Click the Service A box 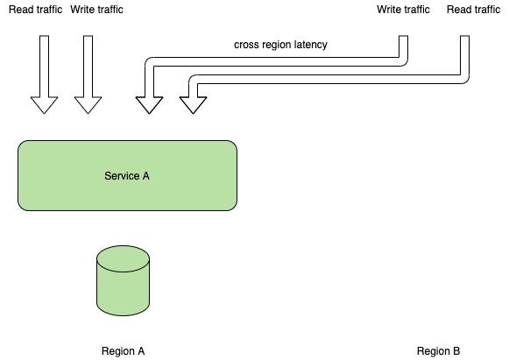(x=127, y=175)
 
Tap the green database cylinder (x=123, y=280)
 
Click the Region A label (x=123, y=351)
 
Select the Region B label (x=438, y=351)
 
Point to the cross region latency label (x=280, y=45)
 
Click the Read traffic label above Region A (x=35, y=10)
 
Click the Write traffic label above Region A (x=96, y=10)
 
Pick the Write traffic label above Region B (x=403, y=10)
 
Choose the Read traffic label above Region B (x=473, y=10)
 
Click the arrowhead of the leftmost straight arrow (x=44, y=105)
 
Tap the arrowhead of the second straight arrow (x=88, y=105)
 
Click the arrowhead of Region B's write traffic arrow (x=149, y=105)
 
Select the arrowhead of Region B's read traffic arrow (x=193, y=105)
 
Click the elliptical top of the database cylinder (x=123, y=258)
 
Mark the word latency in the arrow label (x=310, y=45)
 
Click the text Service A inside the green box (x=127, y=175)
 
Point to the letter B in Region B (x=456, y=351)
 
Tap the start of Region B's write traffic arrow (x=403, y=37)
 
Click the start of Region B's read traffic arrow (x=464, y=37)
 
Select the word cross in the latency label (x=245, y=45)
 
